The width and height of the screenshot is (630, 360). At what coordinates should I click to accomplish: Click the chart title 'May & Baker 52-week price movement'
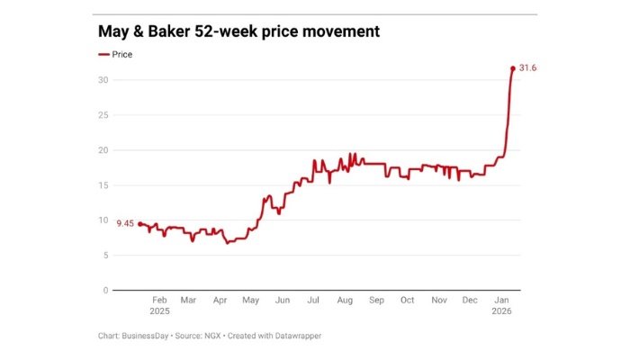(x=238, y=31)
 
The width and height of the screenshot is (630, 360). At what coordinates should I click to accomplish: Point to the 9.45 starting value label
(x=125, y=222)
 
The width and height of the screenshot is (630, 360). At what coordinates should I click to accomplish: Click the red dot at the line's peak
(x=513, y=68)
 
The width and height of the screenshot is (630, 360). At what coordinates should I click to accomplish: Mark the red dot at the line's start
(x=139, y=223)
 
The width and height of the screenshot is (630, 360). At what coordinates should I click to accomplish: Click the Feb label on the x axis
(x=159, y=301)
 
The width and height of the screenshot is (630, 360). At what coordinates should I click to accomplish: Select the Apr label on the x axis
(x=220, y=301)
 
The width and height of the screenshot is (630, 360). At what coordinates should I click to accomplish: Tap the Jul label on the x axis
(x=313, y=301)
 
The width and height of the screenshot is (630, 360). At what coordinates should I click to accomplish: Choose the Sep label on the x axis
(x=376, y=301)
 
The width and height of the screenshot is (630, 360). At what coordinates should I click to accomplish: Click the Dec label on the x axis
(x=469, y=301)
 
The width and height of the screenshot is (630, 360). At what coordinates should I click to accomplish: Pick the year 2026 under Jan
(x=501, y=311)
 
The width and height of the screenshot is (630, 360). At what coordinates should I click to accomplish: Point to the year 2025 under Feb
(x=159, y=311)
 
